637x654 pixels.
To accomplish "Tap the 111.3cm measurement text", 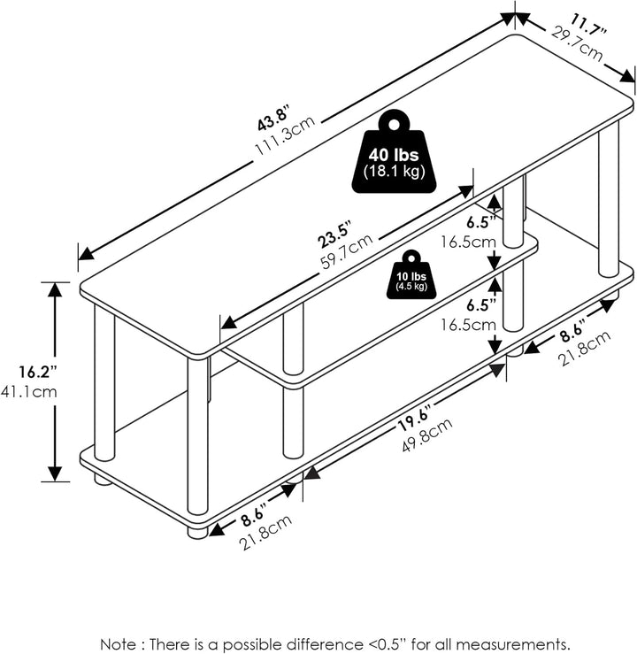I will tap(285, 135).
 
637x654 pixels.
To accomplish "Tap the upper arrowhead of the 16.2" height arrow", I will tap(56, 290).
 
